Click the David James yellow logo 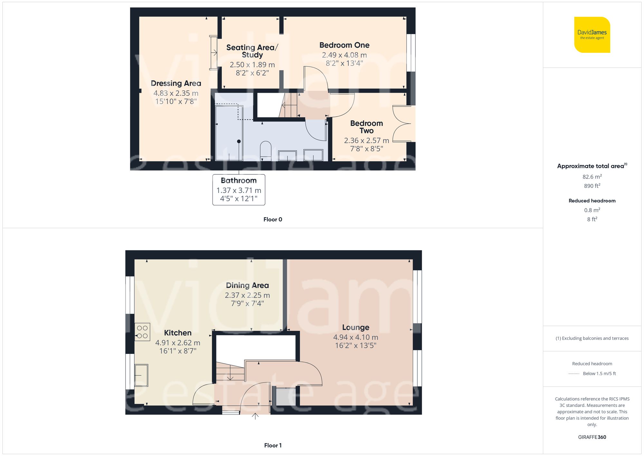point(592,35)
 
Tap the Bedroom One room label point(344,45)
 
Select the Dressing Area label point(176,83)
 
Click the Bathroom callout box point(239,189)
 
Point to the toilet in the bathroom point(266,150)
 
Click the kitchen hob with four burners point(142,332)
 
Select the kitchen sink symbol point(141,375)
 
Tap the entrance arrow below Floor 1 point(255,416)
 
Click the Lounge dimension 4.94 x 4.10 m point(355,337)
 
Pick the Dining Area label point(247,286)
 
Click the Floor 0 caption point(272,219)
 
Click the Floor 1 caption point(272,445)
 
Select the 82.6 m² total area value point(592,177)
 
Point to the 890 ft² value point(592,186)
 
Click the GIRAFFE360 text point(592,437)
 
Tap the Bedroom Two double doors point(401,123)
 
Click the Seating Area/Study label point(252,51)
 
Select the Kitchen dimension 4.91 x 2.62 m point(178,343)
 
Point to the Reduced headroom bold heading point(592,201)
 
